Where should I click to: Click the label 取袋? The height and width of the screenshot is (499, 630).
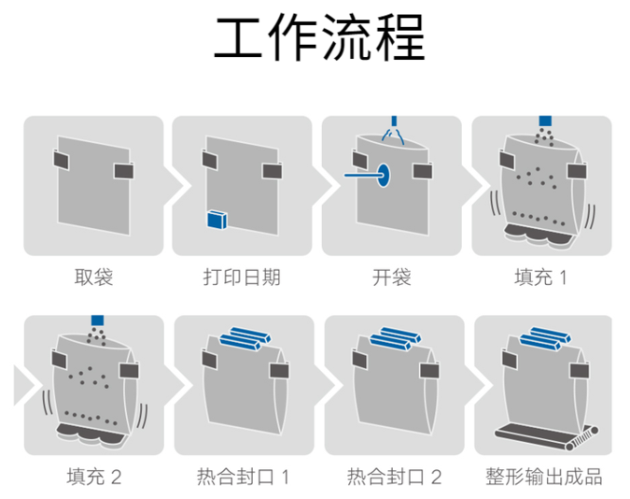(x=93, y=278)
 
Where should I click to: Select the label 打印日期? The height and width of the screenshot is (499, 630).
(x=242, y=278)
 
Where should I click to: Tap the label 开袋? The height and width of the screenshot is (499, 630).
(x=391, y=278)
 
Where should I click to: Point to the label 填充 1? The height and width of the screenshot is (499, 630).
(x=540, y=278)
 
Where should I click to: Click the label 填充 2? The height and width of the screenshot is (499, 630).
(x=93, y=477)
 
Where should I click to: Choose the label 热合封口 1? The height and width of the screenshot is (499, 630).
(x=244, y=477)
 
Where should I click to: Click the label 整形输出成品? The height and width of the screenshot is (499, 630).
(x=544, y=477)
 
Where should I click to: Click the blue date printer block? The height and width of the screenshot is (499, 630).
(x=217, y=220)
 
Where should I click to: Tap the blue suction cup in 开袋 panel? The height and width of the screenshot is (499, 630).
(x=382, y=174)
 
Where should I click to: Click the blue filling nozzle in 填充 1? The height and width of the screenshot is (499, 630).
(x=545, y=121)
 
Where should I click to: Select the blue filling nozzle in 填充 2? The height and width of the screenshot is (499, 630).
(x=95, y=321)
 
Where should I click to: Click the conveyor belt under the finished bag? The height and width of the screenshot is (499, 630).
(x=543, y=435)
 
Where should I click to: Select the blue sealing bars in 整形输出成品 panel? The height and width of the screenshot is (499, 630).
(x=544, y=337)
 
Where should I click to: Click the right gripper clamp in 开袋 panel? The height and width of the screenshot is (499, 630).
(x=424, y=170)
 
